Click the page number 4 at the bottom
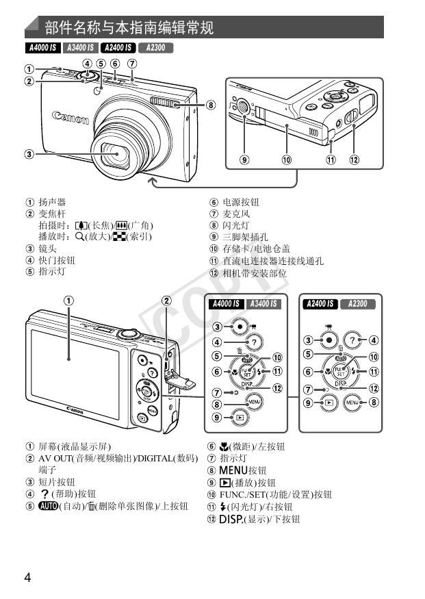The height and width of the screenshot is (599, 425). tap(27, 576)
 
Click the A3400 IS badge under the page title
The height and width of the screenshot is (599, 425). tap(80, 48)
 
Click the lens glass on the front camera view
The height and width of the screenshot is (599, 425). tap(118, 155)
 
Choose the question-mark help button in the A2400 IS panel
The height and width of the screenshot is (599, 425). tap(352, 340)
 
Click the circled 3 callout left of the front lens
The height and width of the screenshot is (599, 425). tap(29, 154)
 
